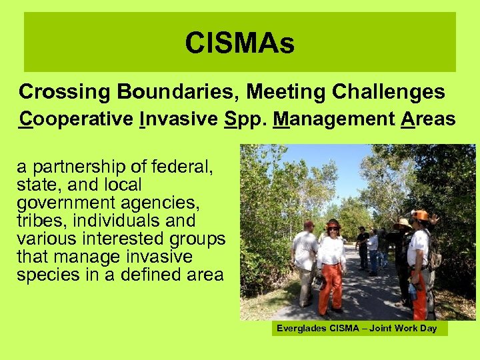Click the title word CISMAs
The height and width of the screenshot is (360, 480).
[x=239, y=44]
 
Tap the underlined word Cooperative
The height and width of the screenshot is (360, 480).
[x=76, y=120]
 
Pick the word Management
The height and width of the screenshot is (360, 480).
[x=334, y=120]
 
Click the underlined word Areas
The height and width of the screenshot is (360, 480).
[x=427, y=120]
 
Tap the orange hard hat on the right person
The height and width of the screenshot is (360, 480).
[x=421, y=215]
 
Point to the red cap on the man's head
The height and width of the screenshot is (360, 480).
[x=309, y=225]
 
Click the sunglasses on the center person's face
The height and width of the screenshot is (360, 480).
[x=332, y=229]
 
